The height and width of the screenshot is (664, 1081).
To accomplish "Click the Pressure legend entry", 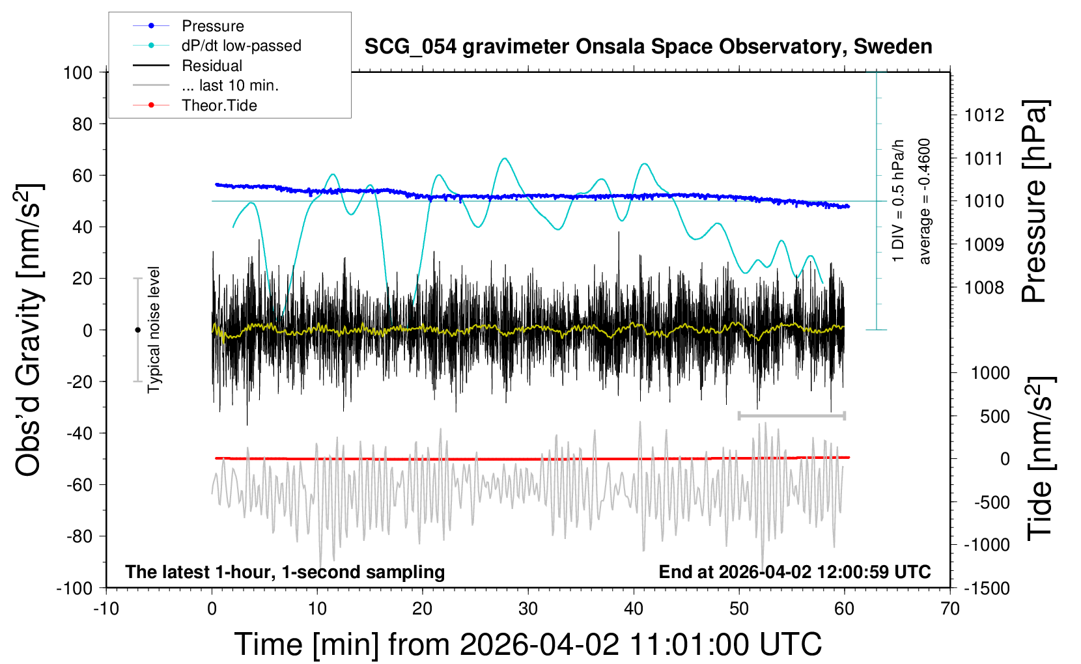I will click(x=212, y=26).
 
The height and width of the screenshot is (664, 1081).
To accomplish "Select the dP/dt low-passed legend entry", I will click(x=241, y=46).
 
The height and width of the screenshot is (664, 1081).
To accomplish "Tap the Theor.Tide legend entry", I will click(x=219, y=105).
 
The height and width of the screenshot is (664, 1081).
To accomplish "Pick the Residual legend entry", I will click(x=212, y=66).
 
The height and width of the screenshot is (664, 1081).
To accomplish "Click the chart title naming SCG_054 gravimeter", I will click(x=648, y=47).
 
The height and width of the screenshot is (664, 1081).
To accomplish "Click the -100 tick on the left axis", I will click(x=75, y=588).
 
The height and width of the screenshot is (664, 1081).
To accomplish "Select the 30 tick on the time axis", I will click(x=528, y=609).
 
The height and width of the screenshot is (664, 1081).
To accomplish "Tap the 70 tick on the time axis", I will click(x=950, y=609).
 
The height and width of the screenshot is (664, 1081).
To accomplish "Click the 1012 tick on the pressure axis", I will click(x=984, y=115).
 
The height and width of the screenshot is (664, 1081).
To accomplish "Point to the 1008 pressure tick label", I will click(x=984, y=287).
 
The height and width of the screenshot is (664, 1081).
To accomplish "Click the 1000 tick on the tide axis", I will click(x=990, y=373).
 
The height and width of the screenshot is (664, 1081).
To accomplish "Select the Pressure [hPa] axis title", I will click(x=1034, y=202).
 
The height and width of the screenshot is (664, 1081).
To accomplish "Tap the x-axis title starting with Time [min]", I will click(x=528, y=644).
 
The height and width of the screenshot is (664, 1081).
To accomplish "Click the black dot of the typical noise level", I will click(x=137, y=330).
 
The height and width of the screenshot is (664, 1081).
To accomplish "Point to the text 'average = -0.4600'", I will click(x=925, y=202).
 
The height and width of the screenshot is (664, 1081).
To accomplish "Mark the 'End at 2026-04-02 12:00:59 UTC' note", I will click(x=794, y=572).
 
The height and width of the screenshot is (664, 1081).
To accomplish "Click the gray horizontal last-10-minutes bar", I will click(x=791, y=415).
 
